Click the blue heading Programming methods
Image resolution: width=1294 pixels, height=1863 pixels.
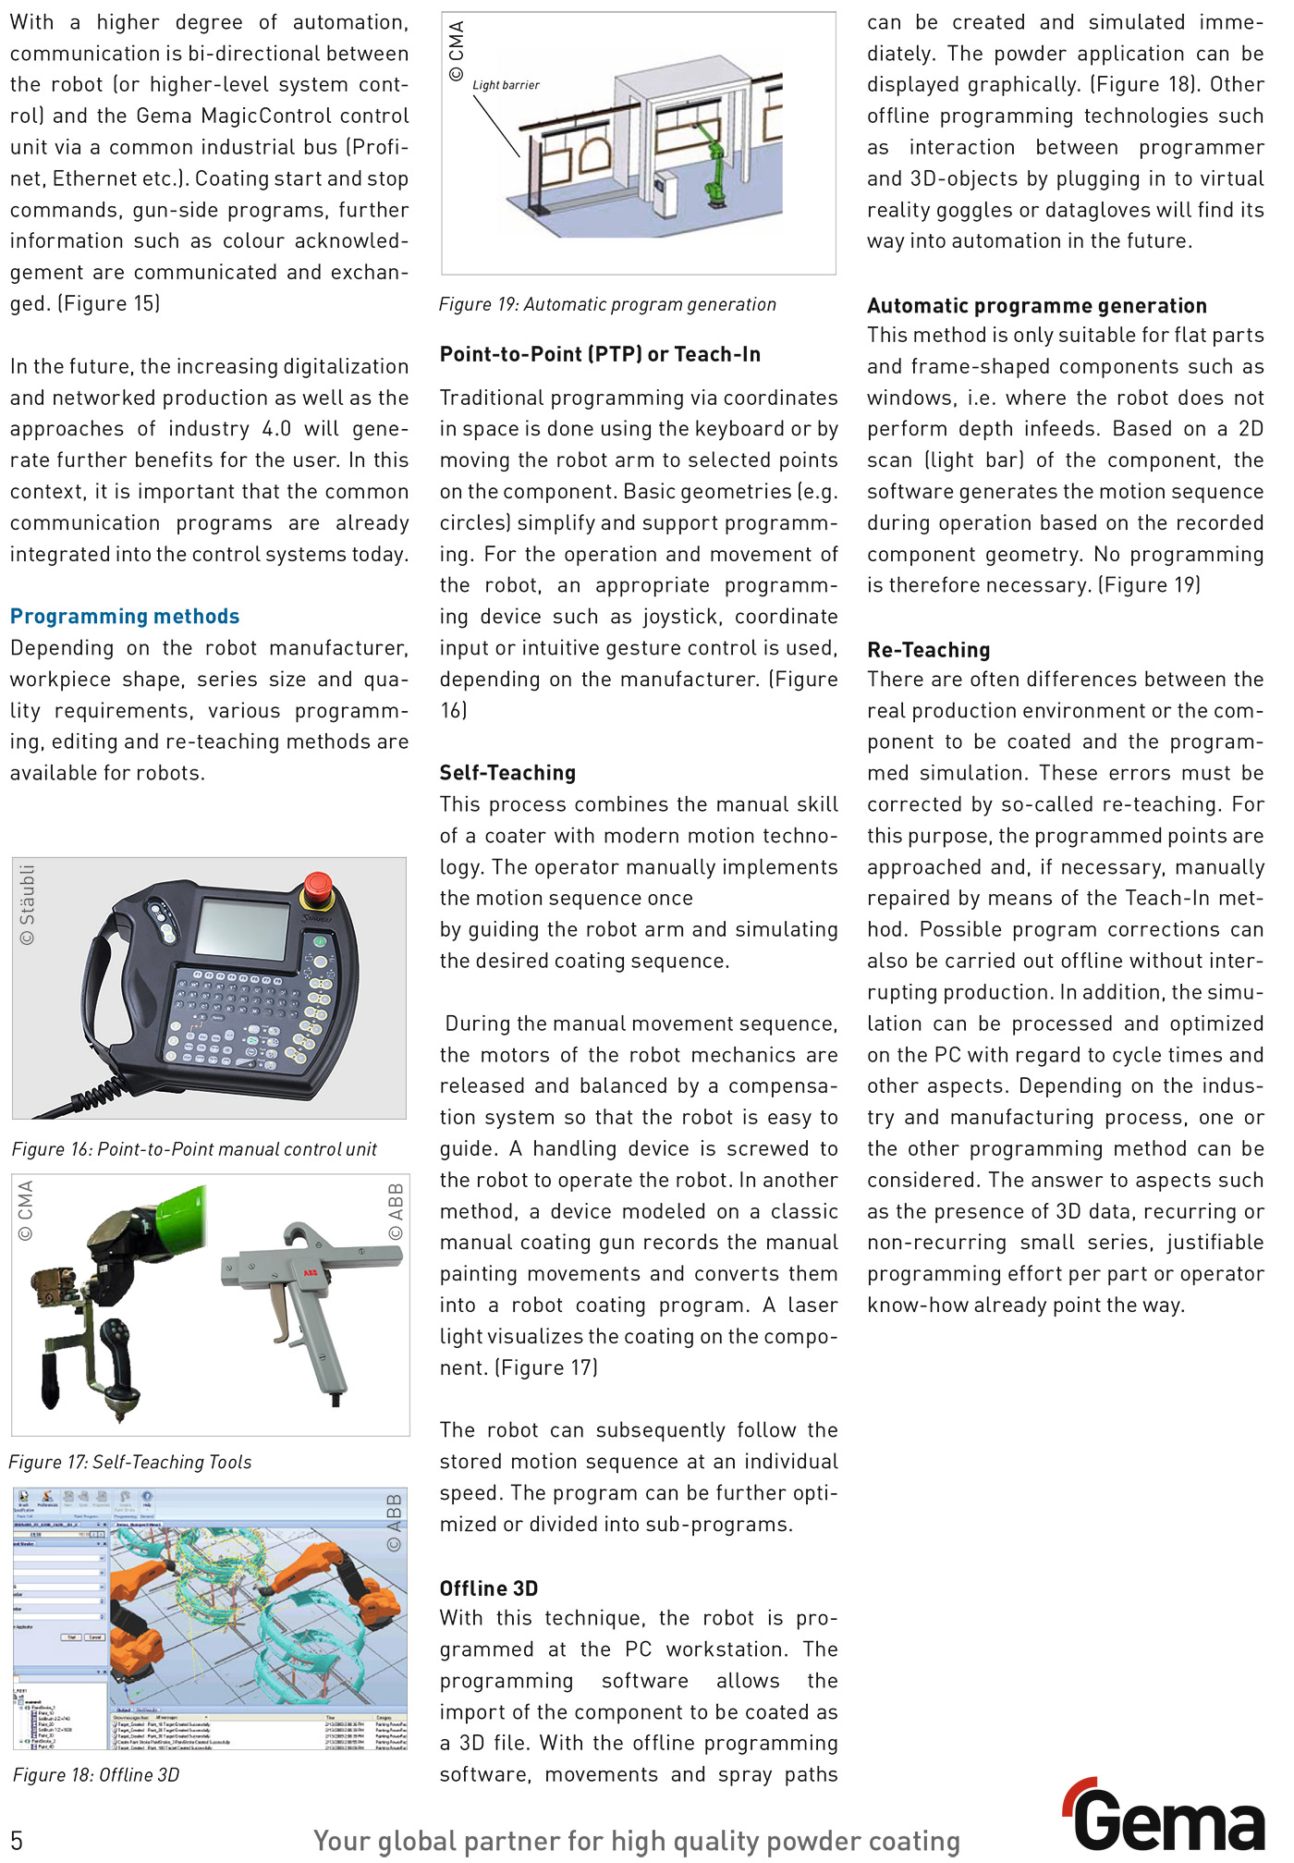tap(125, 617)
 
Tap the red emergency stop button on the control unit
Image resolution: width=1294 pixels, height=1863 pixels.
tap(318, 886)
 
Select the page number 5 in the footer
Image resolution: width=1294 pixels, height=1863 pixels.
tap(17, 1839)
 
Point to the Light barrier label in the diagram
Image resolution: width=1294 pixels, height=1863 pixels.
tap(506, 85)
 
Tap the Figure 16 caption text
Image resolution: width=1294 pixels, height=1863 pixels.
tap(194, 1149)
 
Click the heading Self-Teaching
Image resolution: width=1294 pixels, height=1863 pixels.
tap(507, 773)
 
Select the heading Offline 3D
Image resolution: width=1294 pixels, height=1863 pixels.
tap(488, 1588)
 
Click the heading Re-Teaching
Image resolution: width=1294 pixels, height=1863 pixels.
tap(928, 650)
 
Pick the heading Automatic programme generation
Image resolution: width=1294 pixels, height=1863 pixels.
tap(1036, 306)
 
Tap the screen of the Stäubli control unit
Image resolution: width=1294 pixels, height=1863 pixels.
tap(242, 929)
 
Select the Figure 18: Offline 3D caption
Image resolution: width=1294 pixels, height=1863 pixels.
tap(96, 1775)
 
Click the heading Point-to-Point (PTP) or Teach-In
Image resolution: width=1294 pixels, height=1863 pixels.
tap(600, 354)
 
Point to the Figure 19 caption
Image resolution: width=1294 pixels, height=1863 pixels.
tap(607, 304)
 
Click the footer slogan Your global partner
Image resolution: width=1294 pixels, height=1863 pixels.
tap(636, 1840)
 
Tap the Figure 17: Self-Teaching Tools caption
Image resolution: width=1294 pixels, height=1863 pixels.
tap(130, 1462)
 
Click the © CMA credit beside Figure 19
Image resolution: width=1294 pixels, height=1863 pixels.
tap(457, 51)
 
